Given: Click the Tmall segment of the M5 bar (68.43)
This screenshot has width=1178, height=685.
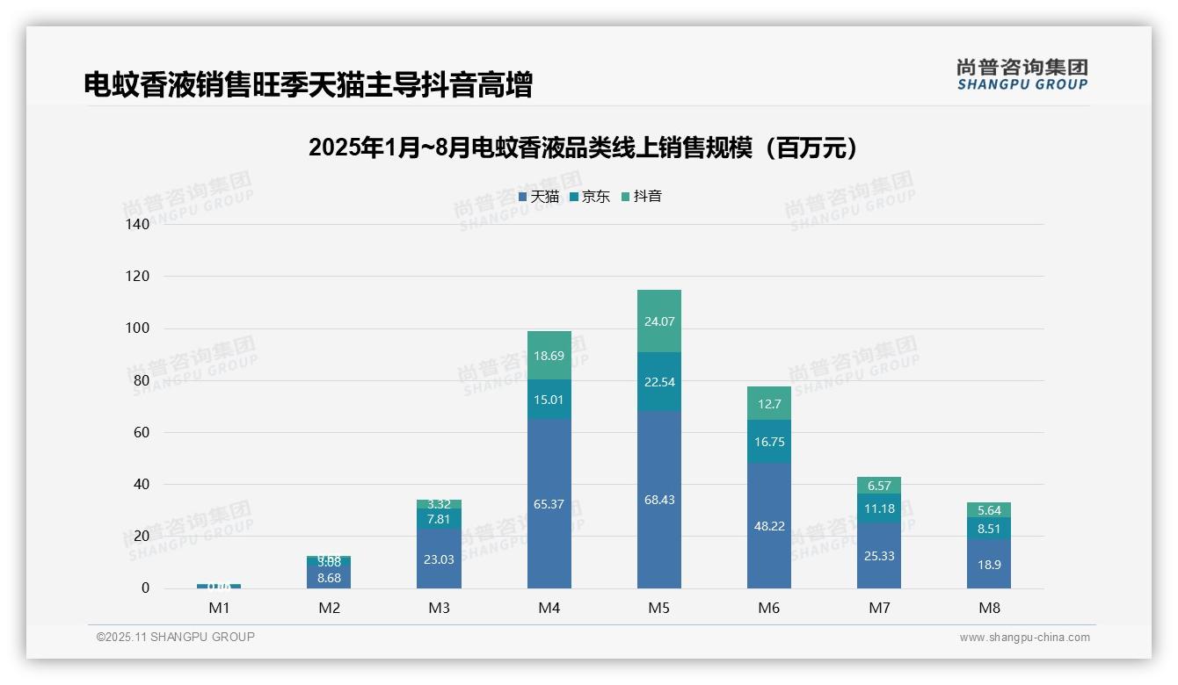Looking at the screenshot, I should [658, 500].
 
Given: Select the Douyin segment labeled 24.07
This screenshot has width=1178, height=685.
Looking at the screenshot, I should [658, 321].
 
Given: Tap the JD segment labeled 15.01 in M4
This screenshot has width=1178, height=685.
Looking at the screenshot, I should [549, 400].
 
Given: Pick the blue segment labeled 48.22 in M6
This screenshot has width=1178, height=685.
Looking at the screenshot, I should [769, 526].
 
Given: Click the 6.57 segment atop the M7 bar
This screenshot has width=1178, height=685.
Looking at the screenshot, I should [879, 486].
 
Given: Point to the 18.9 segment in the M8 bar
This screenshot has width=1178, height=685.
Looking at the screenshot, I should [989, 565].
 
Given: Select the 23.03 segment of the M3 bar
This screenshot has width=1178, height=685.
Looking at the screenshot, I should [439, 559].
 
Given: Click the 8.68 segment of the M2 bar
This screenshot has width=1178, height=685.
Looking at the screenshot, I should [329, 577].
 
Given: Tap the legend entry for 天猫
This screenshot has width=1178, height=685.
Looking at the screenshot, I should [539, 197].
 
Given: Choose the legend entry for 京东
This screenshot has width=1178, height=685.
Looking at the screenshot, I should [590, 197].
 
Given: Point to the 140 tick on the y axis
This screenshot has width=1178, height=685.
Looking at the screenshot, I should [138, 224].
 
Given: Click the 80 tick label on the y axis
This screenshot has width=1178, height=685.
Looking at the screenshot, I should [142, 380].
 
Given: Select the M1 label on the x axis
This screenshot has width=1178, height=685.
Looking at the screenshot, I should [219, 608].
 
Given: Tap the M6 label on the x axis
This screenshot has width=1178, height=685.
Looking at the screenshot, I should [769, 608].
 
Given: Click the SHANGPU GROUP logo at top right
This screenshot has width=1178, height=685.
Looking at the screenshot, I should [1022, 75].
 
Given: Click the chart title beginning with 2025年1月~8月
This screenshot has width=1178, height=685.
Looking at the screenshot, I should [583, 148].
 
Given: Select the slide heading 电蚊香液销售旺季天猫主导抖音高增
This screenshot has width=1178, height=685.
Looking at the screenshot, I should [308, 85].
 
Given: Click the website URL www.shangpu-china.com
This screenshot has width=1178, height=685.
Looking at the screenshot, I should [1024, 638].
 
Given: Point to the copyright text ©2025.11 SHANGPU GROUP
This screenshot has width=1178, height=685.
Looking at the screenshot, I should [176, 637].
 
